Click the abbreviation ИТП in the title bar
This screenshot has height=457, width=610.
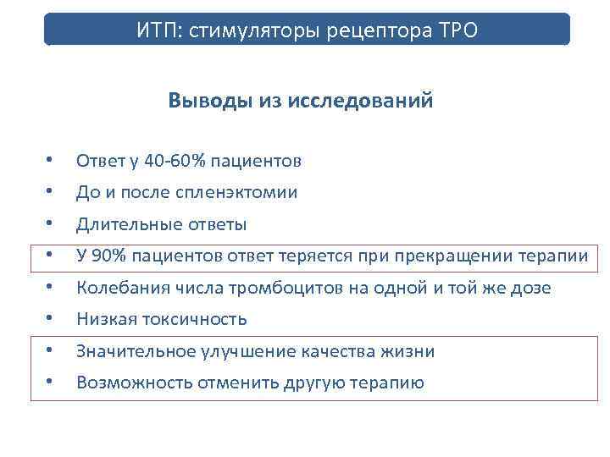coord(157,31)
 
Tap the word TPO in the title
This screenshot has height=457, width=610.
coord(458,31)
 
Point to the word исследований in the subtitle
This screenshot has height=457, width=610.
coord(361,101)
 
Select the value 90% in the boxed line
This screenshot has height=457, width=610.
coord(108,256)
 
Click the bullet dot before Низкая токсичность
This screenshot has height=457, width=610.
coord(51,320)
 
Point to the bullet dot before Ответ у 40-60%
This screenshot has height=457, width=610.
coord(51,161)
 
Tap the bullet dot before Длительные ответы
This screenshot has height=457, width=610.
coord(51,225)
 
